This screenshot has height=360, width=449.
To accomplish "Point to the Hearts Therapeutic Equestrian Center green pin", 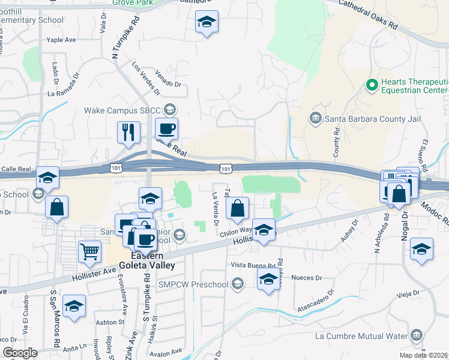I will point(372,85).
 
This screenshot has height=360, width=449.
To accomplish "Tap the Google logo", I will point(20,353).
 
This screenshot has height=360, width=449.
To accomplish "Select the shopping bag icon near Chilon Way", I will point(238,209).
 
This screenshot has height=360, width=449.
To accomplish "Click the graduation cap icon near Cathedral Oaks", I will point(206,23).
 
